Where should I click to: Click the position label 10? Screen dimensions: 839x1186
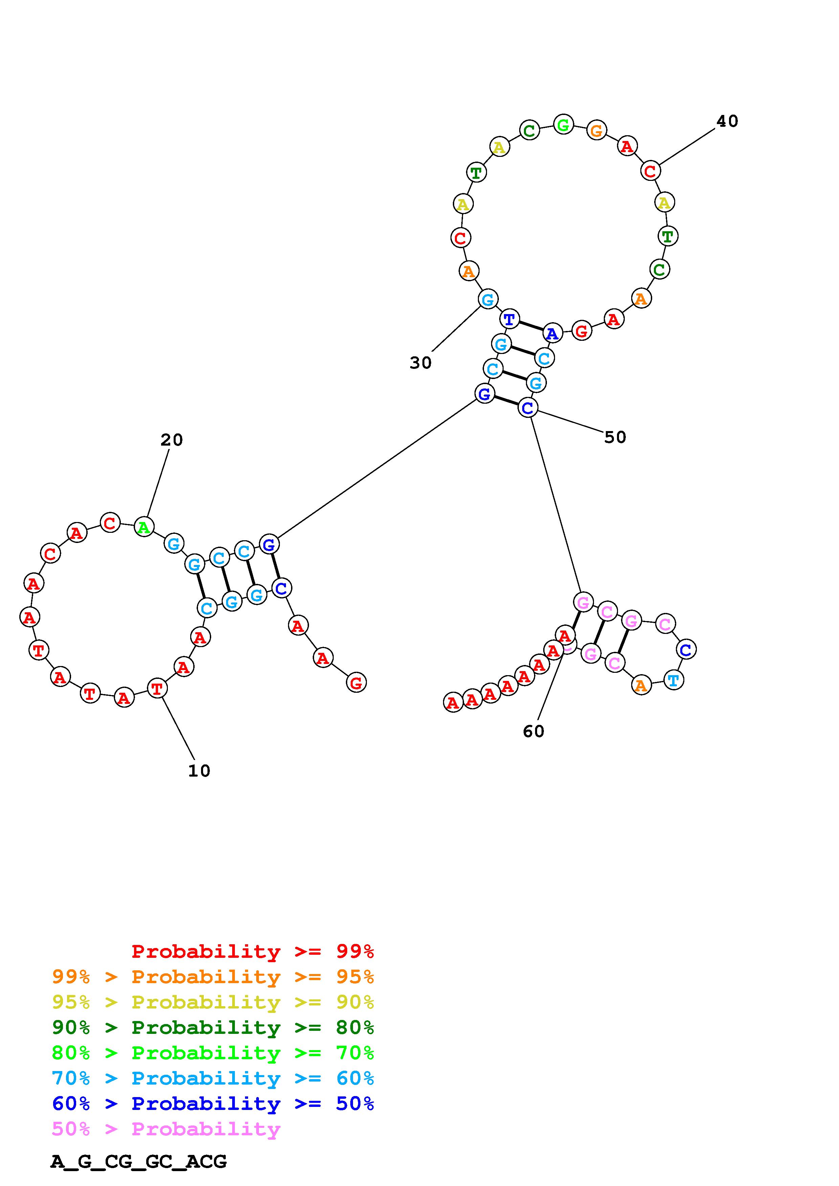199,771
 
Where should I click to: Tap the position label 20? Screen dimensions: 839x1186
172,440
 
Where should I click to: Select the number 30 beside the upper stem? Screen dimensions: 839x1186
420,363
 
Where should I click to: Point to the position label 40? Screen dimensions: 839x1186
727,121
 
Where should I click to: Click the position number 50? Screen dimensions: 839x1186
615,437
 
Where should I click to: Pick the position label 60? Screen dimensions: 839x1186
533,731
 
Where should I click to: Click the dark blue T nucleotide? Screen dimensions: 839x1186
510,319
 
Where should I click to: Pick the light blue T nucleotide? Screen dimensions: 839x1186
673,680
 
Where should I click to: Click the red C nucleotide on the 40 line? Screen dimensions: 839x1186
650,170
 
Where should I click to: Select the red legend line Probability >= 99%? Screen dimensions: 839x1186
253,951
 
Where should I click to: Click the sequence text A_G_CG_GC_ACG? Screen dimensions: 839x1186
138,1161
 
